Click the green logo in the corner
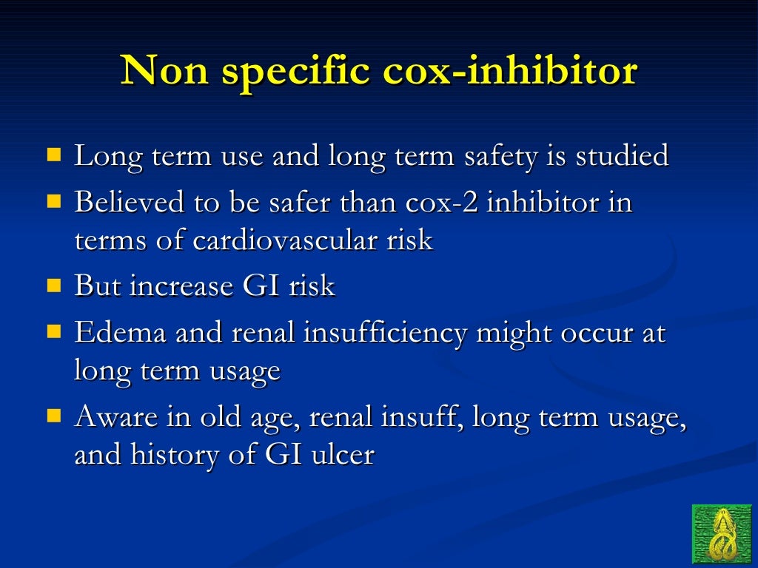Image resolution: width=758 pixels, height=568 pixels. point(721,534)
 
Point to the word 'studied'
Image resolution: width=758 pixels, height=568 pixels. point(623,156)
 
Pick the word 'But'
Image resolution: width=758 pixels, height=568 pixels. point(98,286)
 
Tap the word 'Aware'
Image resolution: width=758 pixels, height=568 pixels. point(115,417)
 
